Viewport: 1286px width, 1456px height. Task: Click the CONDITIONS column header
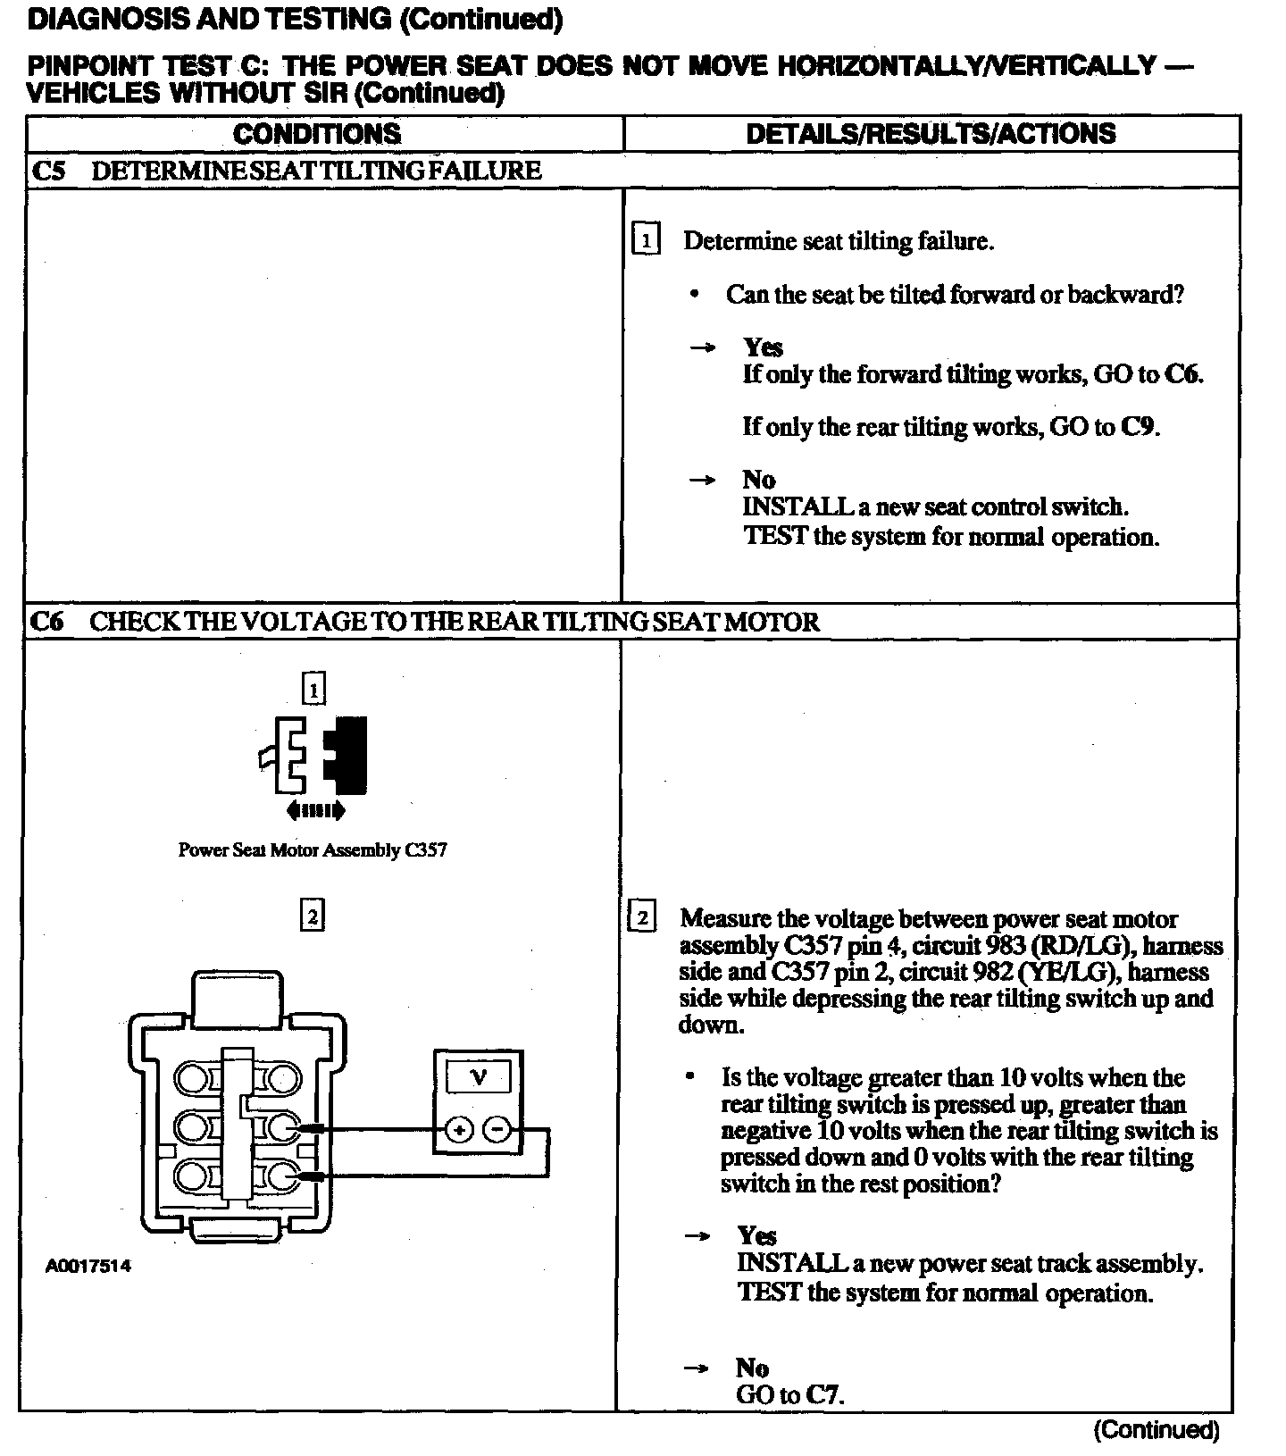pyautogui.click(x=317, y=134)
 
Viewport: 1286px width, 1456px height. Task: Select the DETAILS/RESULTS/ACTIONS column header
pyautogui.click(x=931, y=134)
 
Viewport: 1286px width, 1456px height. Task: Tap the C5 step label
pyautogui.click(x=48, y=171)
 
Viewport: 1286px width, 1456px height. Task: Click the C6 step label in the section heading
pyautogui.click(x=48, y=622)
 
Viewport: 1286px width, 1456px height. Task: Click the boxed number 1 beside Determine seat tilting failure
pyautogui.click(x=645, y=241)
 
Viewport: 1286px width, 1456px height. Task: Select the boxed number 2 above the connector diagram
pyautogui.click(x=312, y=916)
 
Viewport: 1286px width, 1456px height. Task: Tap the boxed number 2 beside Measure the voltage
pyautogui.click(x=643, y=918)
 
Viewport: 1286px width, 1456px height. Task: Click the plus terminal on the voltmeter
pyautogui.click(x=459, y=1130)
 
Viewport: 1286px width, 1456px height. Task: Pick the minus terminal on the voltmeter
pyautogui.click(x=497, y=1130)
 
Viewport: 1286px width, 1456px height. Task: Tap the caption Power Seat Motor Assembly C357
pyautogui.click(x=313, y=850)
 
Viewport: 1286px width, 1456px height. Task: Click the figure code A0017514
pyautogui.click(x=88, y=1266)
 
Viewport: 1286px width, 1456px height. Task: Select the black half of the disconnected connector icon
pyautogui.click(x=349, y=755)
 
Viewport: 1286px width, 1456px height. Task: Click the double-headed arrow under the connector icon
pyautogui.click(x=315, y=811)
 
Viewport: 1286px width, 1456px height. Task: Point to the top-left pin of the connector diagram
pyautogui.click(x=190, y=1080)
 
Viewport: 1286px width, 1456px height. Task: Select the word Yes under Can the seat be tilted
pyautogui.click(x=763, y=347)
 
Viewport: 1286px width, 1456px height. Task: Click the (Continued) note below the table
pyautogui.click(x=1156, y=1430)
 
